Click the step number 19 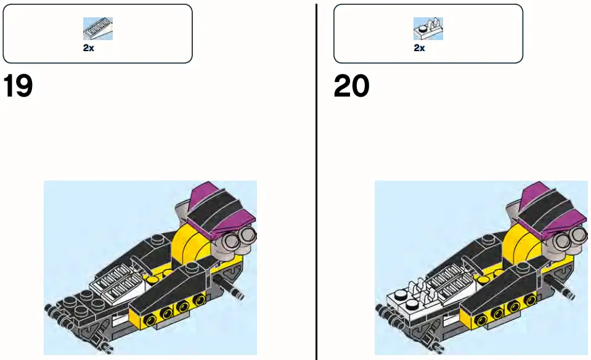pyautogui.click(x=18, y=87)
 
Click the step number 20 pyautogui.click(x=351, y=87)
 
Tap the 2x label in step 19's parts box pyautogui.click(x=89, y=47)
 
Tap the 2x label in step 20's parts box pyautogui.click(x=419, y=47)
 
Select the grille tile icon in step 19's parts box pyautogui.click(x=97, y=28)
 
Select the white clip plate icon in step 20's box pyautogui.click(x=428, y=28)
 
